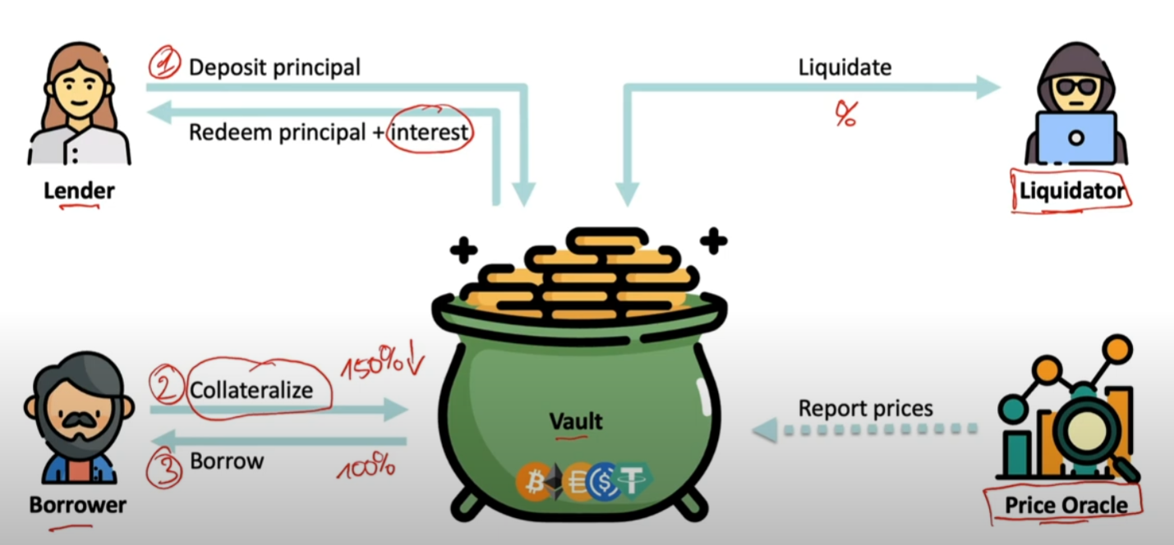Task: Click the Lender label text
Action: tap(79, 191)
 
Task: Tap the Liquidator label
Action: tap(1071, 191)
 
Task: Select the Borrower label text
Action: tap(78, 504)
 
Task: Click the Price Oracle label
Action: tap(1066, 505)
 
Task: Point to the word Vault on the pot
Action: tap(576, 421)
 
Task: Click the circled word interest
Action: tap(430, 132)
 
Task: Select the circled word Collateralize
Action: tap(251, 389)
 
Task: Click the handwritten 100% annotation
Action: tap(366, 469)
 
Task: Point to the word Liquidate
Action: tap(845, 67)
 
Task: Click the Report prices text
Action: tap(865, 408)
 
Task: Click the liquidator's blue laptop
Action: tap(1075, 137)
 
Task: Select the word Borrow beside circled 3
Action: tap(227, 460)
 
